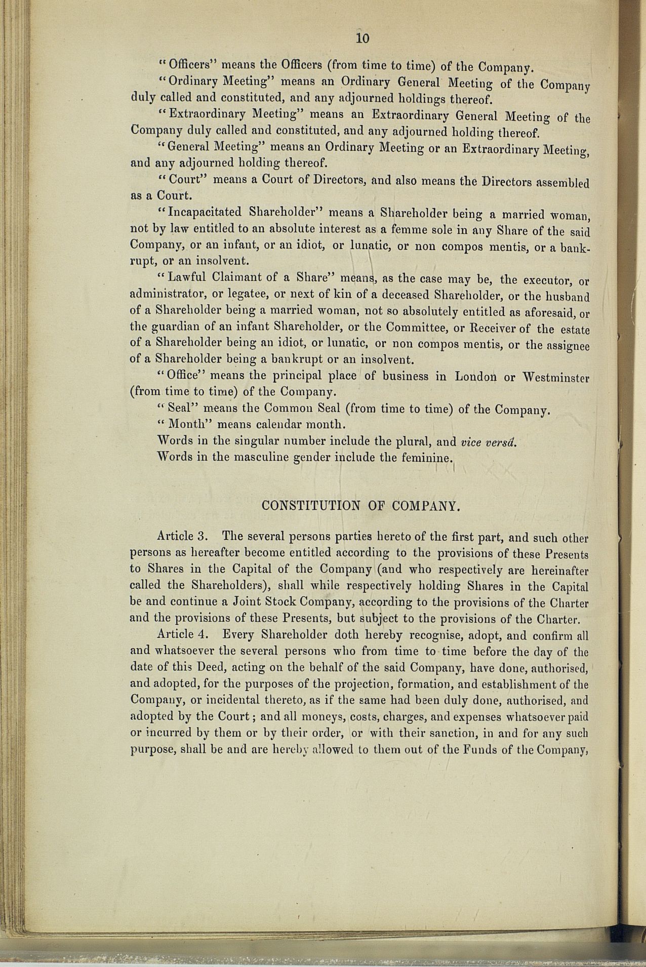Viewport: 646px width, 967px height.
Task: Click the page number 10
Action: [x=363, y=38]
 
